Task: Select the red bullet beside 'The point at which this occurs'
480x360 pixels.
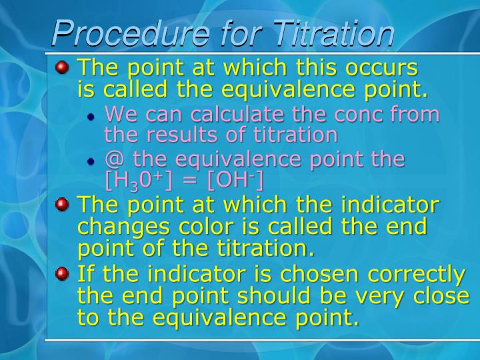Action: coord(63,67)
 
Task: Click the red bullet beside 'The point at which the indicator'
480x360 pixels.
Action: coord(63,204)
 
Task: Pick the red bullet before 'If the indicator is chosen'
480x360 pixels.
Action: coord(63,273)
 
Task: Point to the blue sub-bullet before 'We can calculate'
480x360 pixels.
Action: coord(92,116)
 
